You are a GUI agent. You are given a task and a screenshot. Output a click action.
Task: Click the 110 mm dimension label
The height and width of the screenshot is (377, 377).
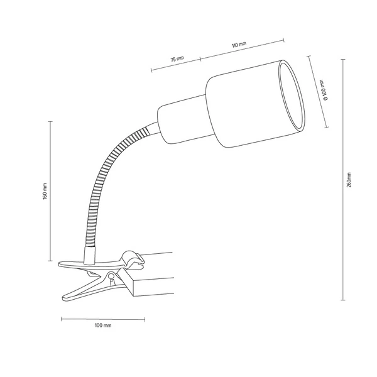click(x=239, y=45)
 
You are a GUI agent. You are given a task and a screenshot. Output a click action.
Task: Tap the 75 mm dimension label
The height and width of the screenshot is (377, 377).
click(x=177, y=58)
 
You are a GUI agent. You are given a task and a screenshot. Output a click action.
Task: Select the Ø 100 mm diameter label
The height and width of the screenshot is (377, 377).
click(x=324, y=90)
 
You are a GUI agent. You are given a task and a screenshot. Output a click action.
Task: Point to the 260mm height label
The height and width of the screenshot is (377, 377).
click(x=349, y=180)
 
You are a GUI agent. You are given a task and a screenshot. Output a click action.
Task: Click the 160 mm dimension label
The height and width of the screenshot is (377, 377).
click(x=45, y=191)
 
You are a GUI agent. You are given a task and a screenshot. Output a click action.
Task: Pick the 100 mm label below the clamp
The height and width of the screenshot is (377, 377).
click(x=103, y=325)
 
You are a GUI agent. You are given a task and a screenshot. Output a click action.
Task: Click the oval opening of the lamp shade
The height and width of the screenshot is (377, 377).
click(x=292, y=96)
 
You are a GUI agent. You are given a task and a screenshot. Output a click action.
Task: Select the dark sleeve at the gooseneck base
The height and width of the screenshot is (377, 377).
click(x=89, y=254)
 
